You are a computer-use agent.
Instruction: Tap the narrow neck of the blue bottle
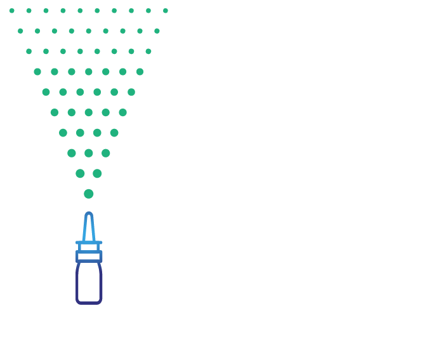coord(93,225)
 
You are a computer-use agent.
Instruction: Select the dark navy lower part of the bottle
coord(93,289)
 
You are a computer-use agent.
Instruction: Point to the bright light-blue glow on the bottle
coord(93,244)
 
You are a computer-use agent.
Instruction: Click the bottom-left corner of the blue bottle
coord(76,304)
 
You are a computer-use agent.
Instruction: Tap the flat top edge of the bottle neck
coord(93,212)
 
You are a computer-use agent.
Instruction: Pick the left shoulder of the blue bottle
coord(79,242)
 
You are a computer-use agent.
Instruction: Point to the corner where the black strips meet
coord(4,4)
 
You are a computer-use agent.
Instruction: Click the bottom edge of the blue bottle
coord(93,304)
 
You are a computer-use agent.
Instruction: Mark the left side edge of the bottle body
coord(76,273)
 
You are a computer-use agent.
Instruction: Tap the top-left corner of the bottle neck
coord(85,213)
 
